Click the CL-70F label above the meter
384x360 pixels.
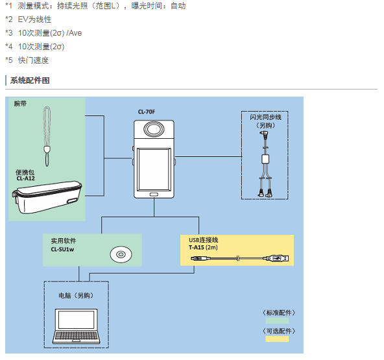coord(147,112)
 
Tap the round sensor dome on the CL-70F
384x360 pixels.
coord(154,129)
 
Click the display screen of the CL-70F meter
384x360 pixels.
coord(154,169)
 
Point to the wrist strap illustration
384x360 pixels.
coord(47,136)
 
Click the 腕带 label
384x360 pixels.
coord(20,104)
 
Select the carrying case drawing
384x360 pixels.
coord(47,197)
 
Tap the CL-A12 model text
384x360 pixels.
coord(26,178)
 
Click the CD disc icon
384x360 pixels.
coord(121,254)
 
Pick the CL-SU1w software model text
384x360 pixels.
coord(62,249)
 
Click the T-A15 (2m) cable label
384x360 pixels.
coord(203,247)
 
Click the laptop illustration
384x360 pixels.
coord(76,326)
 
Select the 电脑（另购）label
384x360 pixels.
coord(76,296)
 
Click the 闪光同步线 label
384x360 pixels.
coord(265,117)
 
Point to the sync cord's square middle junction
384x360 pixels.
coord(265,159)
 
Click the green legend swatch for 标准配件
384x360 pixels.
coord(277,320)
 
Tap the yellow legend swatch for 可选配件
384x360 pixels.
coord(277,339)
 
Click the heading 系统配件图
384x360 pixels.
coord(30,80)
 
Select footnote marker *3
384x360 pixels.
coord(9,33)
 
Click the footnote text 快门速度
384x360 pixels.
coord(33,60)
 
